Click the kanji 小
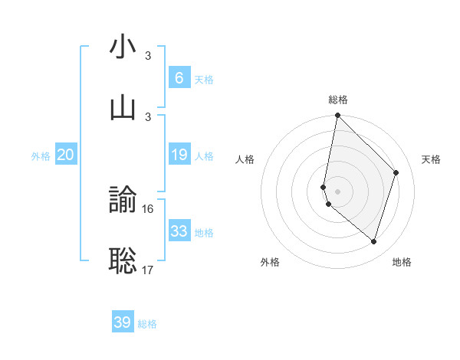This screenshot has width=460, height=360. [x=123, y=47]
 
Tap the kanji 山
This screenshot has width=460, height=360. [x=123, y=107]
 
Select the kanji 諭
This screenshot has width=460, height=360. [x=123, y=201]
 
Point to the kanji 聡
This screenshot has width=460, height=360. [x=123, y=260]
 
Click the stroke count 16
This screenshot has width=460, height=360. [x=148, y=209]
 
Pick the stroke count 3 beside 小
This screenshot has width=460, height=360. [x=148, y=56]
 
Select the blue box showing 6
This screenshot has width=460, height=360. [x=179, y=78]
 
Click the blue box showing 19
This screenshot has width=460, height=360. [x=179, y=155]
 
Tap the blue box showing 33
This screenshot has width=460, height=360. [x=179, y=231]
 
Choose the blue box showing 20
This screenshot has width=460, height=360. [x=65, y=155]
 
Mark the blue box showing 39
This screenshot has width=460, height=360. [x=122, y=322]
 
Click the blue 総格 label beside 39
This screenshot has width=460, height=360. [x=147, y=324]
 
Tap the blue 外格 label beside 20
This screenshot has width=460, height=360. [x=41, y=156]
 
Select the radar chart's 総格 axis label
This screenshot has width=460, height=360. [x=338, y=100]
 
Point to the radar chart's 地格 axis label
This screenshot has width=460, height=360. [x=402, y=262]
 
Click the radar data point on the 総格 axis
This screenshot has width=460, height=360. [x=337, y=115]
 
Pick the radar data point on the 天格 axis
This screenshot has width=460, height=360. [x=396, y=172]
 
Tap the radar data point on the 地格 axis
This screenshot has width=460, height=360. [x=373, y=242]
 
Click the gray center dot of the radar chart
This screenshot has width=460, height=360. [x=337, y=191]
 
